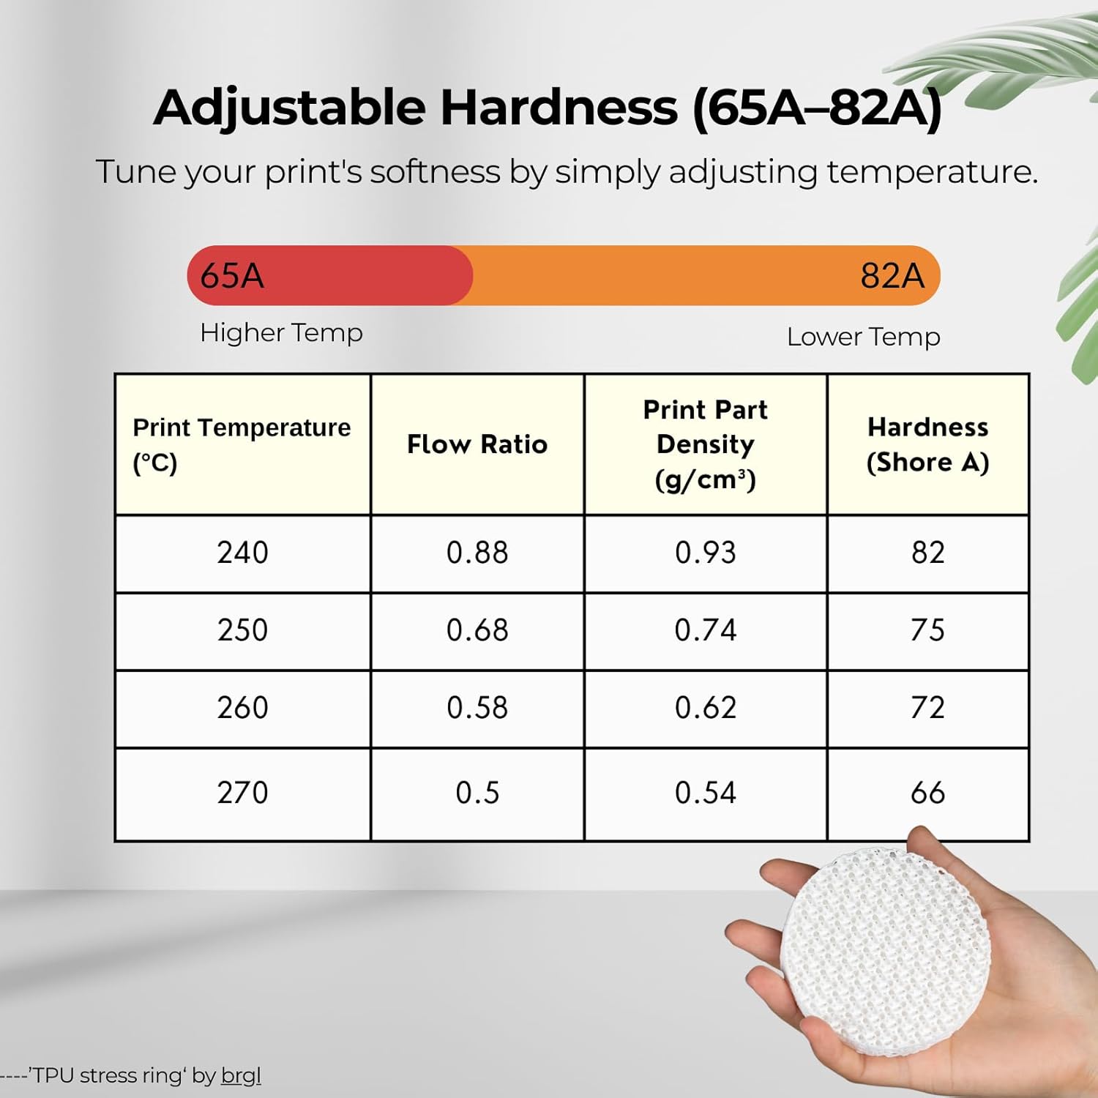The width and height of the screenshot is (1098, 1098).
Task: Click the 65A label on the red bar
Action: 232,276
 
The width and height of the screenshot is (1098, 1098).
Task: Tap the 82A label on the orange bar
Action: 892,276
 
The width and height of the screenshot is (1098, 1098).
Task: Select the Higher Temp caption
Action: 281,333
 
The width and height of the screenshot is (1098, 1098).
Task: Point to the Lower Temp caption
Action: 863,337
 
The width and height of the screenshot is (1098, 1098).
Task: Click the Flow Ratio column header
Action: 477,444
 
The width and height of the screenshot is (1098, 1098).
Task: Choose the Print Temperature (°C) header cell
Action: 242,444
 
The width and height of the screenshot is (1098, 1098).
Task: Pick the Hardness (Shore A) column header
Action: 927,444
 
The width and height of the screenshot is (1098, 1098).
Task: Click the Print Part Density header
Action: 705,444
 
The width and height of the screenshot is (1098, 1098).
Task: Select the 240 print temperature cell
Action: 242,553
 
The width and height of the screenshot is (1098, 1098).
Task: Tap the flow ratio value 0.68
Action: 477,630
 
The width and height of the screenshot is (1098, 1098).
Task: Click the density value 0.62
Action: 705,708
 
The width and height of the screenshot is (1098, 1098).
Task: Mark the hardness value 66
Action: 927,793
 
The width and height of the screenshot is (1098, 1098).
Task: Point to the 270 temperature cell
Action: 242,793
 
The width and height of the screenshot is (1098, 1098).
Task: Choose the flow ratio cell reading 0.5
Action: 477,793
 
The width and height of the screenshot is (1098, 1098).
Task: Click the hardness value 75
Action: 927,630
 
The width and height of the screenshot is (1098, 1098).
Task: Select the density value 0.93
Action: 705,553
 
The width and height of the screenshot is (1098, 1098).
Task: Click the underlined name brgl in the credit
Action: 241,1075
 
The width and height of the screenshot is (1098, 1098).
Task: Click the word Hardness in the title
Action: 559,108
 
